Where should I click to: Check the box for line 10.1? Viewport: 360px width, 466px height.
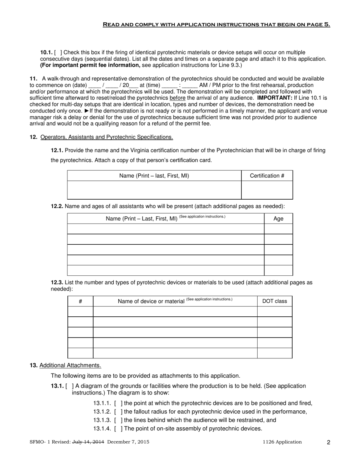tap(58, 52)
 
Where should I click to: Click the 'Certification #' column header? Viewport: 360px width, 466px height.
tap(267, 176)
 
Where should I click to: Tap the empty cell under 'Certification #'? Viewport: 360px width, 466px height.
tap(267, 190)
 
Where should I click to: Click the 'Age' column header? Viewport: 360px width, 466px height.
tap(278, 219)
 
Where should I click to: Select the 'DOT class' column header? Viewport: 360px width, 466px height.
tap(274, 301)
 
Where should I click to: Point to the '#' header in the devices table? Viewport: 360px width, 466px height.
tap(80, 301)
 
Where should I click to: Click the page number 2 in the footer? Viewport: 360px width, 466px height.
tap(328, 442)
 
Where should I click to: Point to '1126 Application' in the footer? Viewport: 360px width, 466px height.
tap(283, 442)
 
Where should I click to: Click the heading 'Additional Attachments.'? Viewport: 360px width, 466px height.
tap(70, 365)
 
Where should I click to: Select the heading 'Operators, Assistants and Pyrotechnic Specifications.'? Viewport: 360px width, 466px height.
tap(106, 137)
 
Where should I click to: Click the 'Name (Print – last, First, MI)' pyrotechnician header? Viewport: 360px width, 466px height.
tap(154, 176)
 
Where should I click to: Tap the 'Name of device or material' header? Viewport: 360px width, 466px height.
tap(151, 301)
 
